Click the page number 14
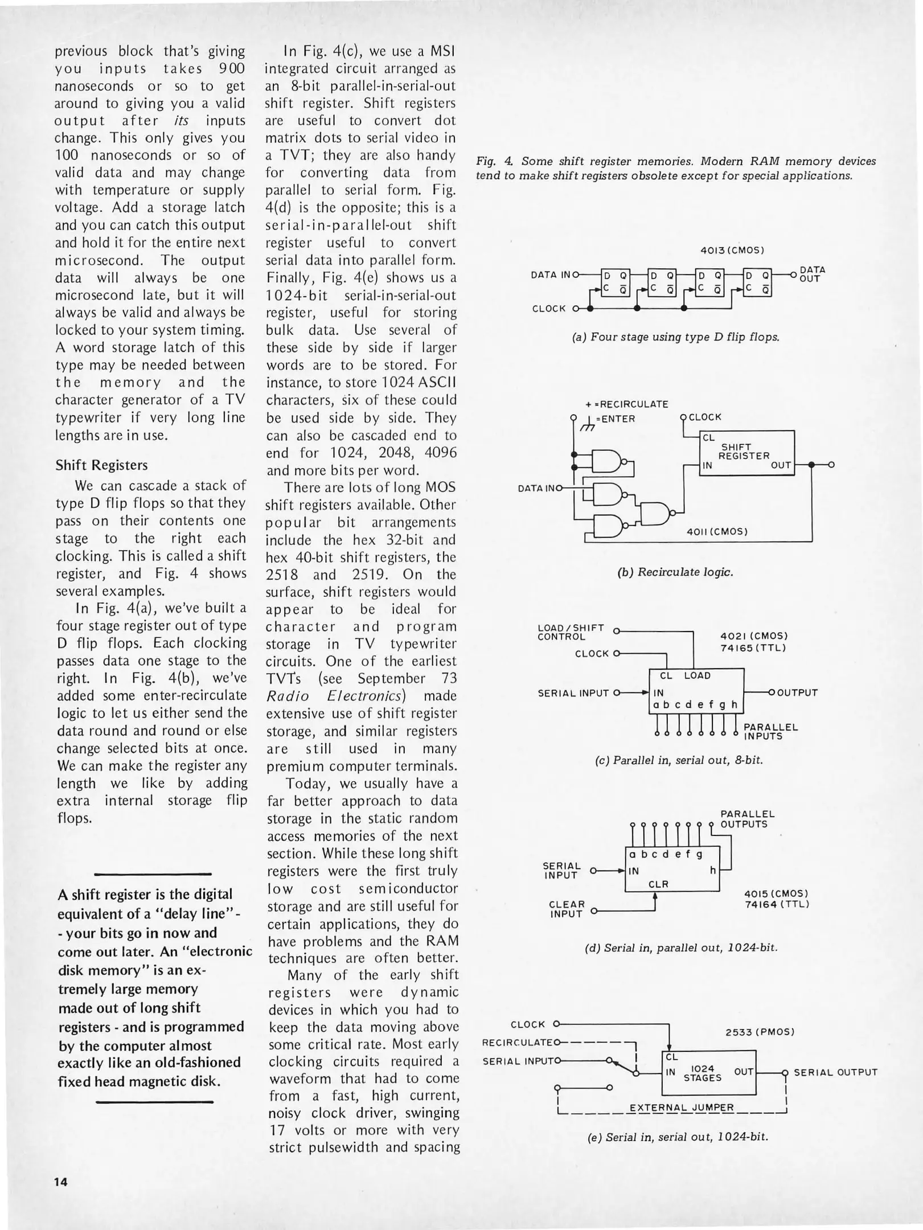(61, 1182)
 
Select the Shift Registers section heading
(101, 465)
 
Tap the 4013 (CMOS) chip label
(732, 250)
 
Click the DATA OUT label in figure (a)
(812, 274)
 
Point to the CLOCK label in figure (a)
(549, 309)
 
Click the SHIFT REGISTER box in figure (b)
(746, 453)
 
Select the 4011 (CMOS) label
(717, 531)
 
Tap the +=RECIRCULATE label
(626, 404)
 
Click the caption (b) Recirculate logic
(675, 572)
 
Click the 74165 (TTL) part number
(753, 648)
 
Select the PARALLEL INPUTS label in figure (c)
(770, 731)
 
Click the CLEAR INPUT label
(566, 909)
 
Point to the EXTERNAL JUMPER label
(681, 1108)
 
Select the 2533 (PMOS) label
(760, 1032)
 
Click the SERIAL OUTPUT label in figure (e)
(835, 1072)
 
